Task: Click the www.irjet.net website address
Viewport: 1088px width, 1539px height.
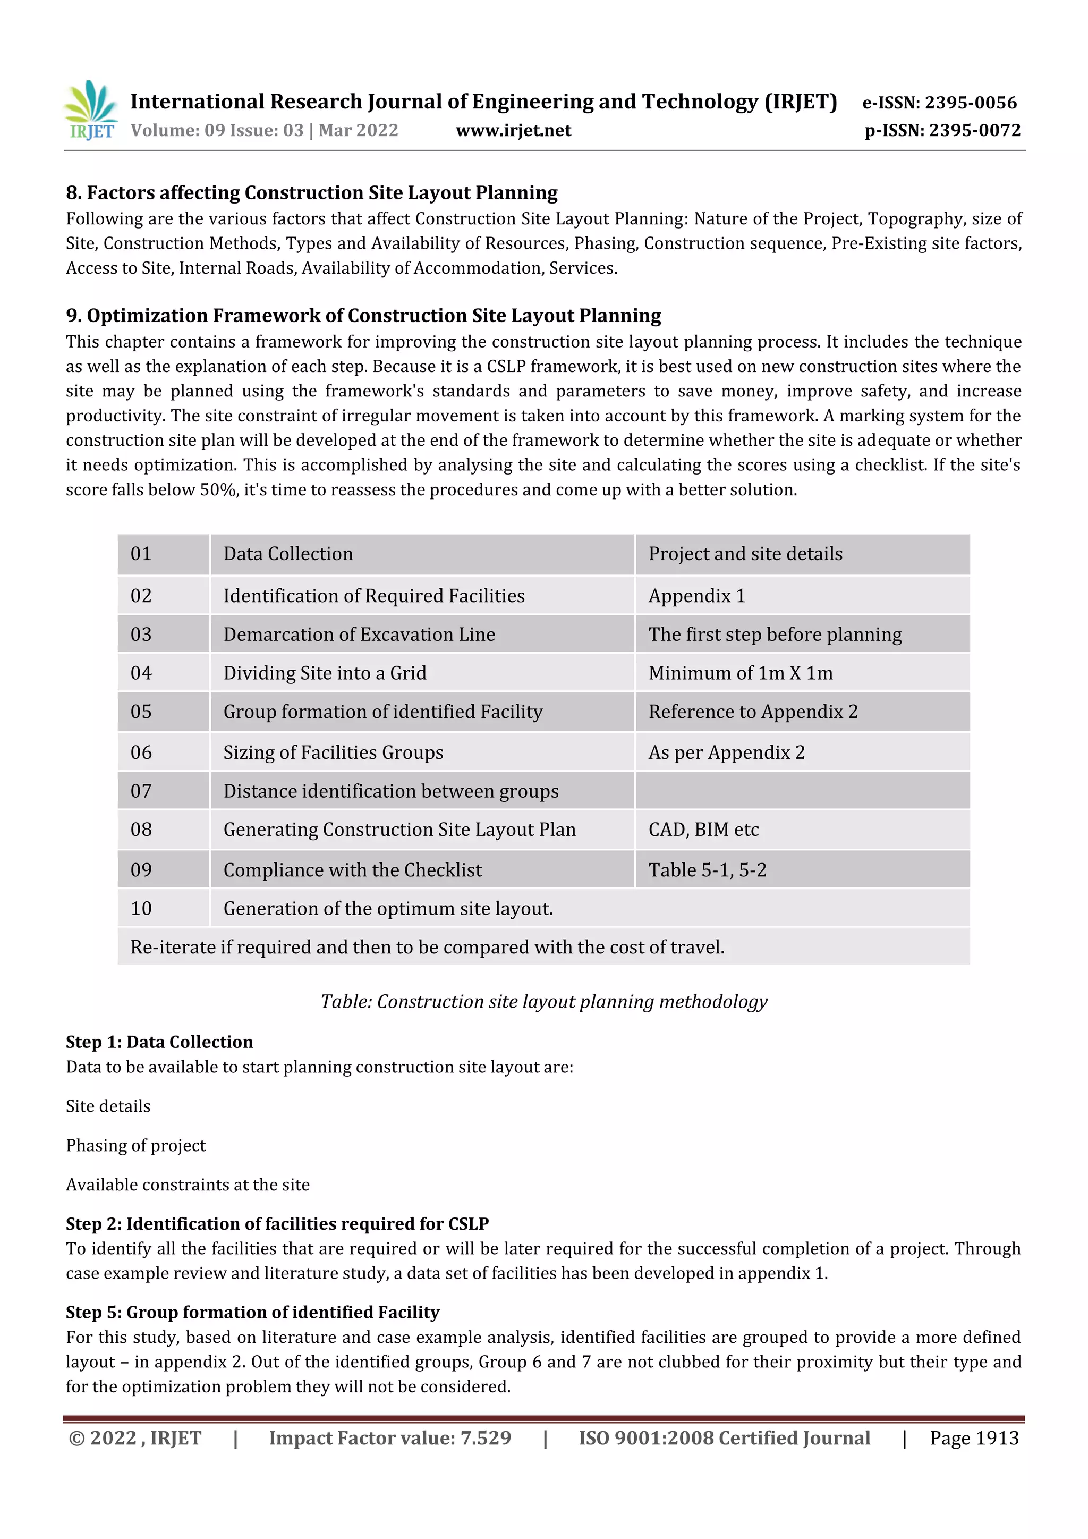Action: pos(513,130)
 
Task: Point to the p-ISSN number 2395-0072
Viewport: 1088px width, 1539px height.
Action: pos(942,130)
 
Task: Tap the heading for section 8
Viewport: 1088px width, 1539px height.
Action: pos(311,193)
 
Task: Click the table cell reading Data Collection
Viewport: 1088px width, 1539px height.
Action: pos(288,554)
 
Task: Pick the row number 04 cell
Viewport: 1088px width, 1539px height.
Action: pos(141,673)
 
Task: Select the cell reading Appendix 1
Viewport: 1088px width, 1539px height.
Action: pos(697,596)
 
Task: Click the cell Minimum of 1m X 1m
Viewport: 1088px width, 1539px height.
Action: pos(740,673)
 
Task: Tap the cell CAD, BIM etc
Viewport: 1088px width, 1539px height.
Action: pos(703,830)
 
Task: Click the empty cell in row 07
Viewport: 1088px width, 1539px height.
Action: pos(802,791)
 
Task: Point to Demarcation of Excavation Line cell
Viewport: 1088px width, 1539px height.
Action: pos(359,635)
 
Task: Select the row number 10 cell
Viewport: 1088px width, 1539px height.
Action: pos(141,909)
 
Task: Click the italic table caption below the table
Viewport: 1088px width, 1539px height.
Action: pos(543,1001)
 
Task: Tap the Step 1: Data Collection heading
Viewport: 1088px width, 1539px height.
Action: pos(159,1042)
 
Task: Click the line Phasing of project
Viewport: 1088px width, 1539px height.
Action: pos(136,1146)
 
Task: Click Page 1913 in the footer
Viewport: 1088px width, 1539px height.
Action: pos(974,1438)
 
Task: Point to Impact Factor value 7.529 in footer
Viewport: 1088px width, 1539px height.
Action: pos(390,1438)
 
